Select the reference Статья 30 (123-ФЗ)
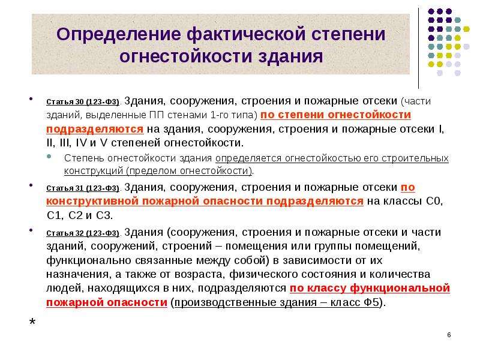pos(83,102)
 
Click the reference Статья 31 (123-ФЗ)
pos(83,188)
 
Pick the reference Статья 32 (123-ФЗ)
pos(83,233)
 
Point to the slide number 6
pos(449,335)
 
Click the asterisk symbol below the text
pos(32,322)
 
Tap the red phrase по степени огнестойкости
pos(335,115)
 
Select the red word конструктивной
pos(92,201)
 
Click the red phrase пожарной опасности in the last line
pos(107,302)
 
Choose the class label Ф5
pos(371,302)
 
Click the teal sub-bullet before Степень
pos(49,156)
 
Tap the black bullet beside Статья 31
pos(31,185)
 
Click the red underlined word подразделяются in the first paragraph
pos(95,129)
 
